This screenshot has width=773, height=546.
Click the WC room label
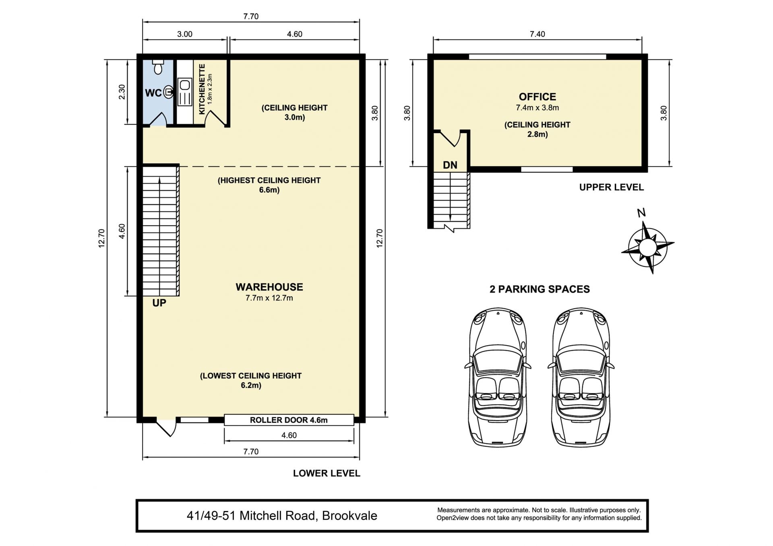pyautogui.click(x=153, y=93)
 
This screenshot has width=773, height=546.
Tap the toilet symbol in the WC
pyautogui.click(x=158, y=67)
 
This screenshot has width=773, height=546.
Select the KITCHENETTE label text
pyautogui.click(x=202, y=89)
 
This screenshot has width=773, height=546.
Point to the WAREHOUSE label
pyautogui.click(x=269, y=287)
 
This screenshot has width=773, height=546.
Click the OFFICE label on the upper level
pyautogui.click(x=537, y=97)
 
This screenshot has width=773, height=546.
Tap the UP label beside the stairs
pyautogui.click(x=159, y=303)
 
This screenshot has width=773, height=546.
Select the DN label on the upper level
pyautogui.click(x=450, y=165)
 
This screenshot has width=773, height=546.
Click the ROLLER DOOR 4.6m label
pyautogui.click(x=289, y=420)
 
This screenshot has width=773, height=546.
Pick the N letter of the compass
pyautogui.click(x=641, y=213)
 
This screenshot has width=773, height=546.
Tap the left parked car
pyautogui.click(x=498, y=377)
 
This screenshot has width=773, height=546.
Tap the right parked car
pyautogui.click(x=581, y=377)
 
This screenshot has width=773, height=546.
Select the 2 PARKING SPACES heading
pyautogui.click(x=539, y=289)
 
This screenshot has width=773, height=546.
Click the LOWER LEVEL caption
pyautogui.click(x=327, y=474)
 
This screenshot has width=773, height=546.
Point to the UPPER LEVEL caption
pyautogui.click(x=612, y=187)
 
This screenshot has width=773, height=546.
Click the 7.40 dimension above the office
pyautogui.click(x=537, y=34)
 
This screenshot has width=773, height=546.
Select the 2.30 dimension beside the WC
pyautogui.click(x=122, y=92)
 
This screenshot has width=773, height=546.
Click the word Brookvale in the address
pyautogui.click(x=349, y=516)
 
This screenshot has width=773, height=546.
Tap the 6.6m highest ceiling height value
pyautogui.click(x=269, y=190)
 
